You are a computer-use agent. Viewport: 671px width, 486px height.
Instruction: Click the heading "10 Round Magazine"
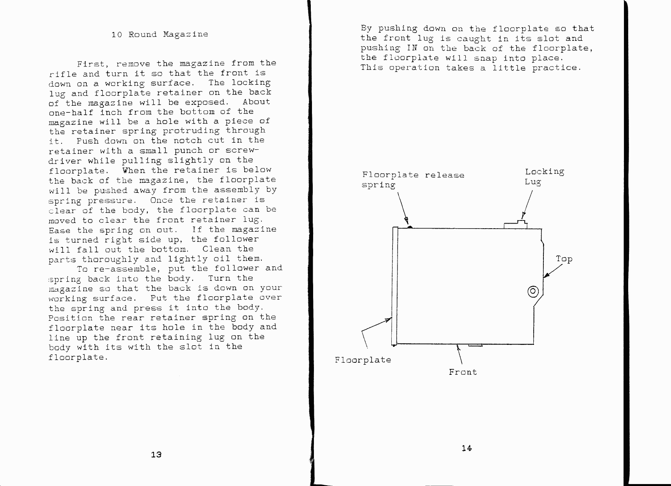tap(159, 35)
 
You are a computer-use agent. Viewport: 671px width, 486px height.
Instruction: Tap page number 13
tap(156, 455)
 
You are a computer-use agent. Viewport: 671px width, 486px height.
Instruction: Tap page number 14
tap(467, 448)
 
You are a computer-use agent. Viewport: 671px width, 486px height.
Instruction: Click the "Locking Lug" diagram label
tap(545, 177)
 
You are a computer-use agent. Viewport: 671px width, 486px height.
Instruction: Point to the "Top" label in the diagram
tap(564, 259)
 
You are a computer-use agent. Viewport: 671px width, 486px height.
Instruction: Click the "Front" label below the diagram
tap(463, 372)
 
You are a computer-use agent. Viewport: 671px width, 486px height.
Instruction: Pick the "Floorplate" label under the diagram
tap(363, 360)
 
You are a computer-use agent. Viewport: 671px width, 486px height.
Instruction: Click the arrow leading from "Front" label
tap(459, 354)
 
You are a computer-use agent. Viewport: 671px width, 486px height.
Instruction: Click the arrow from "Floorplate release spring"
tap(403, 209)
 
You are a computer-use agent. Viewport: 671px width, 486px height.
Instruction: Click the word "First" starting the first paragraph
tap(91, 64)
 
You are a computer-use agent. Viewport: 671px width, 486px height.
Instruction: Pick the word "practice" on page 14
tap(556, 68)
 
